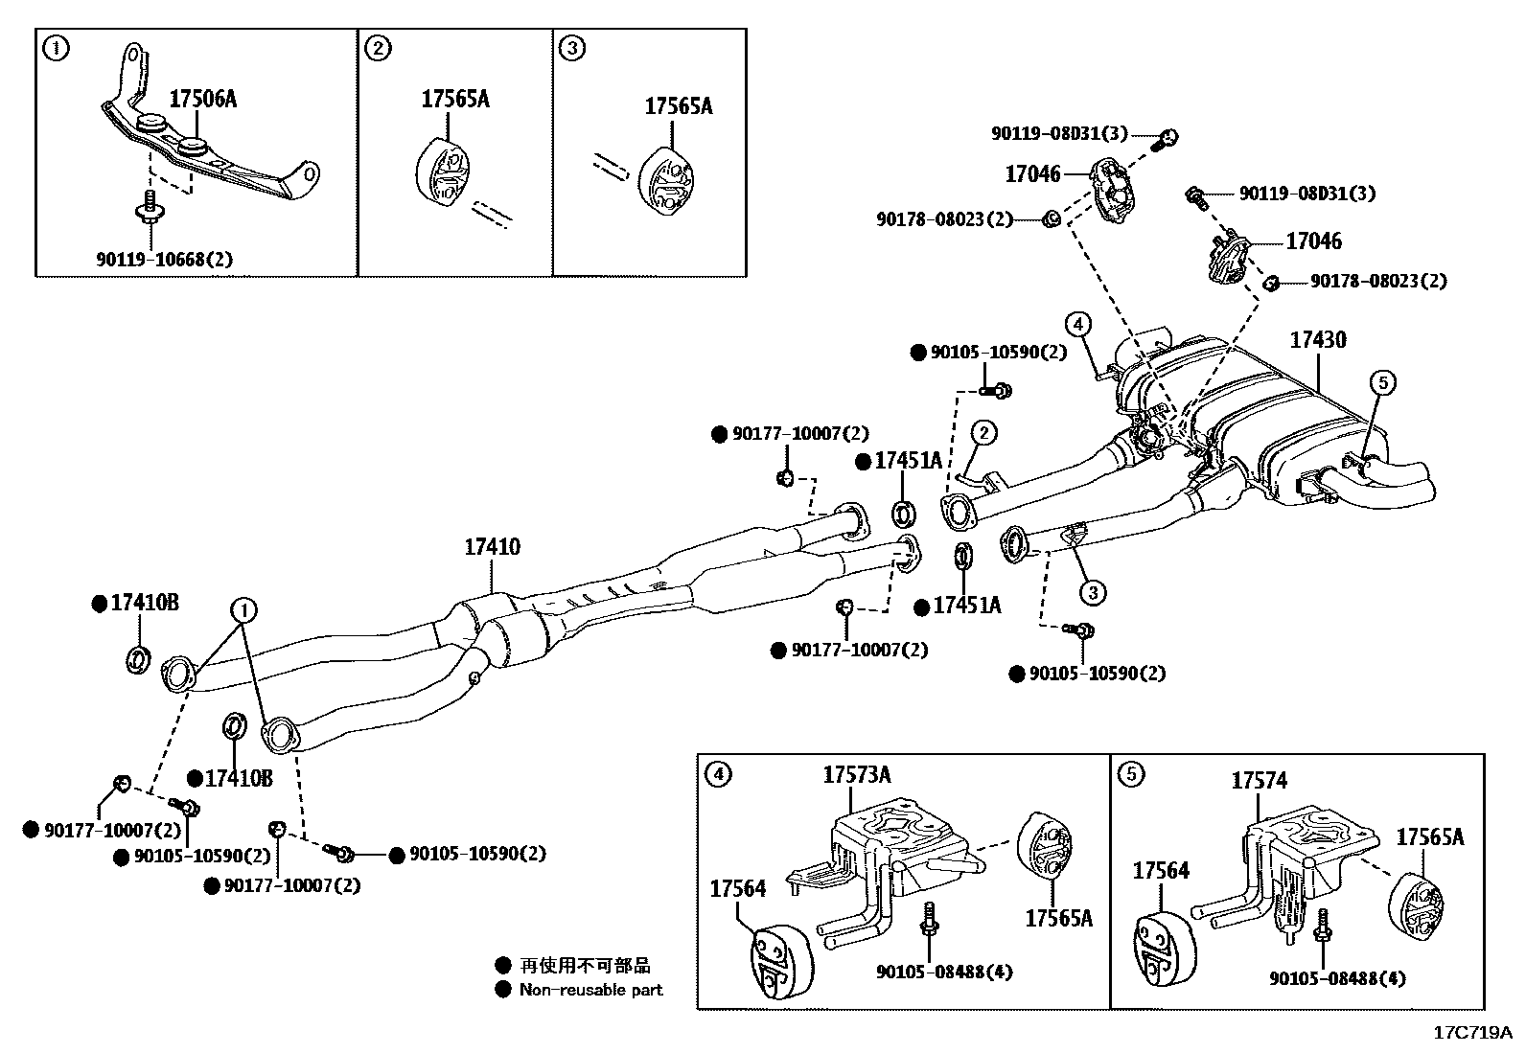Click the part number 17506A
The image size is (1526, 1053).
202,99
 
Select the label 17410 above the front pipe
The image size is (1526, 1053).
492,547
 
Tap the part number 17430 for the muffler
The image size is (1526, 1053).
1317,340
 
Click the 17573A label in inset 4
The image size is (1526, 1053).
856,775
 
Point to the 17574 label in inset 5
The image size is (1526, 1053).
1259,782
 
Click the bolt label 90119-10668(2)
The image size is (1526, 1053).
164,259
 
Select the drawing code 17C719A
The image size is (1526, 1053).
1471,1033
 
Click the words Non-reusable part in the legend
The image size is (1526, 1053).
590,990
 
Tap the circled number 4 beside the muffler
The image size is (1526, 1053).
1077,325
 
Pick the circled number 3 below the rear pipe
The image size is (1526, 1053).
1092,592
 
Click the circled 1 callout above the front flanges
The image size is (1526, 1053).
243,608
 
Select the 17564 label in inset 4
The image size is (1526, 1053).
737,889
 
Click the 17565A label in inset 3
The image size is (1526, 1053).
678,106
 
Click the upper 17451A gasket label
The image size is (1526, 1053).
909,461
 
